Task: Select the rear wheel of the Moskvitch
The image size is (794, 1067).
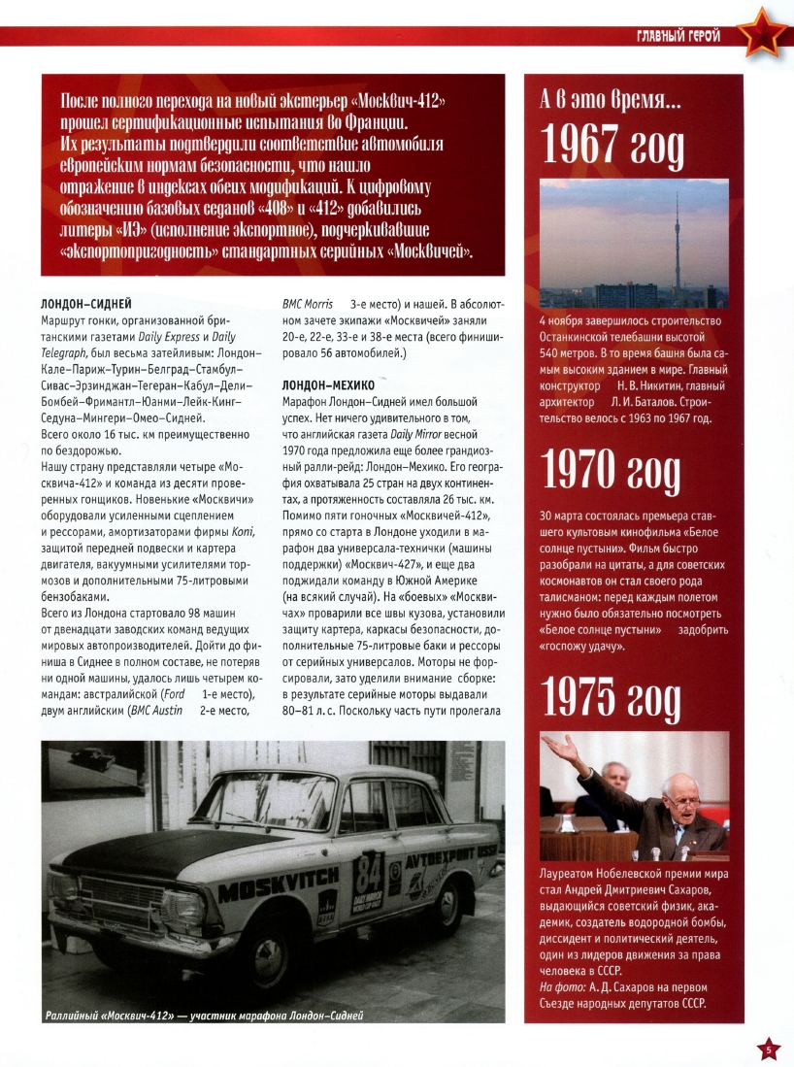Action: (x=448, y=902)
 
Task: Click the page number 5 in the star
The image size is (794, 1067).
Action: (x=768, y=1049)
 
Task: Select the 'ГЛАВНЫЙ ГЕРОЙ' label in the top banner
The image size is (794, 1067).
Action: (x=678, y=37)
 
